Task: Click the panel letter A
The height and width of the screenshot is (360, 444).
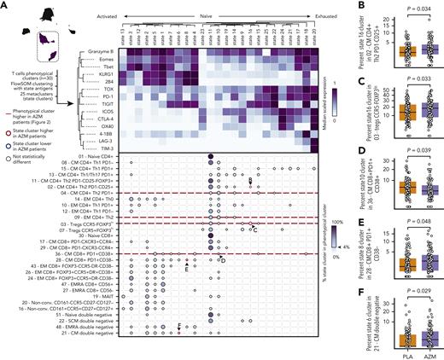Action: tap(4, 5)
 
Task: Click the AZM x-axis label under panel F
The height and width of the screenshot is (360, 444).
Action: tap(413, 353)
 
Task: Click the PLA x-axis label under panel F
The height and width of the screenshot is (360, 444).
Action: tap(384, 353)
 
